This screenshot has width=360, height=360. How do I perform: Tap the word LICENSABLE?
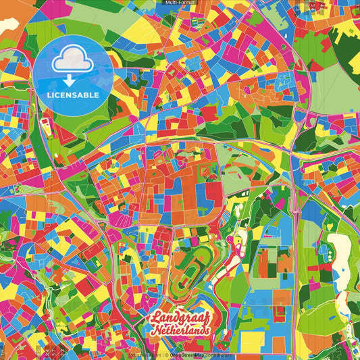pos(73,95)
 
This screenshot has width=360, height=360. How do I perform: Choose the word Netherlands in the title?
pos(181,331)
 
